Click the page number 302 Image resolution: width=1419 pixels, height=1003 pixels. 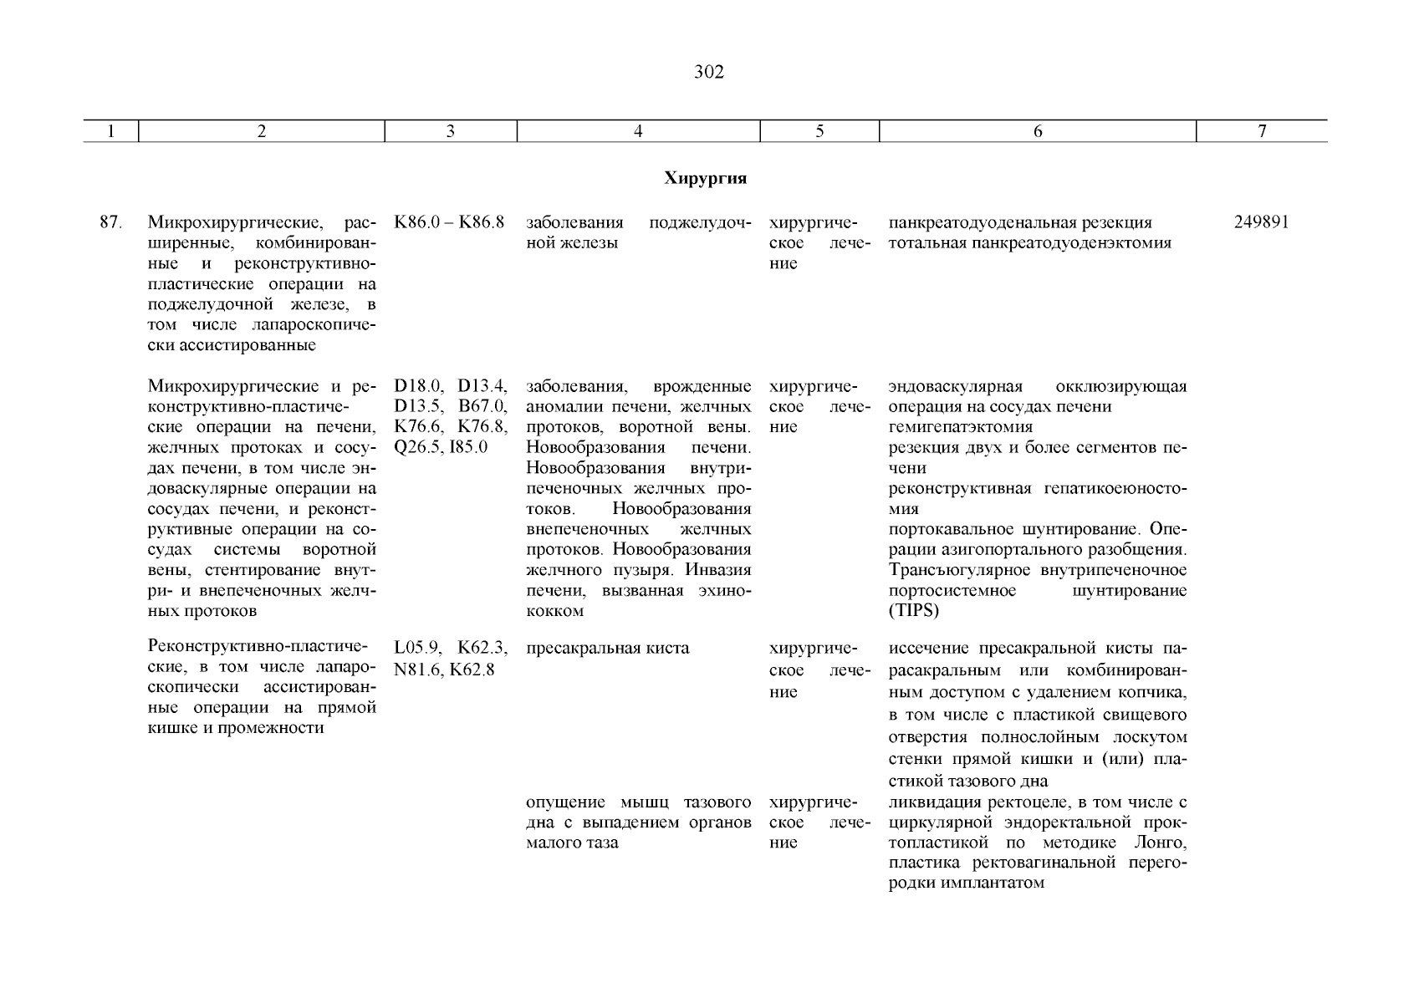pyautogui.click(x=708, y=73)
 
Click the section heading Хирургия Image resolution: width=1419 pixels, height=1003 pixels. pyautogui.click(x=705, y=179)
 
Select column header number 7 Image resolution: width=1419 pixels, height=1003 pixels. pyautogui.click(x=1262, y=131)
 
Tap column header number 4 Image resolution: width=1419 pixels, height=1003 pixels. pyautogui.click(x=637, y=131)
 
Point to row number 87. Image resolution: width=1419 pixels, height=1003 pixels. pyautogui.click(x=111, y=223)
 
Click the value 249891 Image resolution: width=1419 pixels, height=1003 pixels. pyautogui.click(x=1261, y=223)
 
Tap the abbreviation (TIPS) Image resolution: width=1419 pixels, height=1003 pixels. pyautogui.click(x=914, y=611)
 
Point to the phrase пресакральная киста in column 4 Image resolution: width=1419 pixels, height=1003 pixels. pyautogui.click(x=608, y=649)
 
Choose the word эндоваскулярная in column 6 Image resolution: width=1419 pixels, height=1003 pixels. pyautogui.click(x=956, y=387)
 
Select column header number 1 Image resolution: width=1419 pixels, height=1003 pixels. pyautogui.click(x=110, y=131)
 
